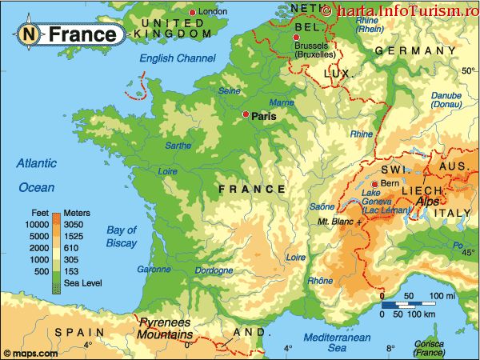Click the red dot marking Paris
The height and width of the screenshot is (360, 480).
click(246, 115)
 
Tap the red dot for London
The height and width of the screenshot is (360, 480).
click(192, 12)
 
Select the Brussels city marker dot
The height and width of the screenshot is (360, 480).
click(297, 38)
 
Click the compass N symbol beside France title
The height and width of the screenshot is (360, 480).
click(29, 34)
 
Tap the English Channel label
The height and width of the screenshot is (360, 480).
click(178, 58)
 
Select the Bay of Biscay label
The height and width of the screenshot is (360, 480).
click(122, 236)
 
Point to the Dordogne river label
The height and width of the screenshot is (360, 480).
click(214, 270)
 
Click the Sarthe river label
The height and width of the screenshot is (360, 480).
click(178, 146)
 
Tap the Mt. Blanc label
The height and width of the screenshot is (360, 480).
click(336, 220)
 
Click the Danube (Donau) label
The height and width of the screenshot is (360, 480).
click(446, 100)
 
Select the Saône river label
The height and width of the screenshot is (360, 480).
click(322, 206)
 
